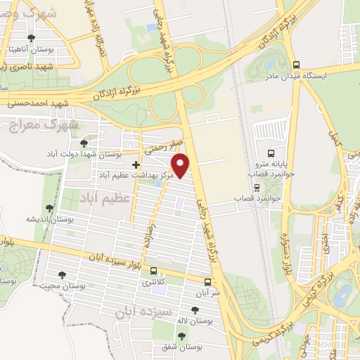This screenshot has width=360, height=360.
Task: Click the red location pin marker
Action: pos(181,164)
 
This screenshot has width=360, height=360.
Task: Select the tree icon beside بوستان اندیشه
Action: pos(49,208)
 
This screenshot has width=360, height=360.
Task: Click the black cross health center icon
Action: pos(136,164)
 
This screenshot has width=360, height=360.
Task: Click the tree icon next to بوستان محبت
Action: pos(62,275)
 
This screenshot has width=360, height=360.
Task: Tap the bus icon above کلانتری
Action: pos(153,271)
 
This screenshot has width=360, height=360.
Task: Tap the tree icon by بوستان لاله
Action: pos(195,310)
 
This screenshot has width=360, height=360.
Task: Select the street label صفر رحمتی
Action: pos(164,146)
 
